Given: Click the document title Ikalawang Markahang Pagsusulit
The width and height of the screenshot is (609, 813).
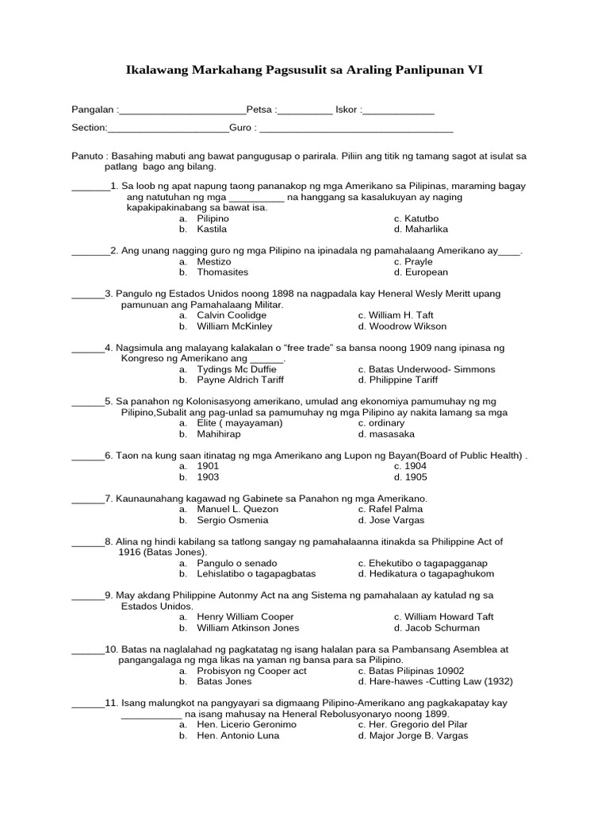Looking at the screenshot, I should (304, 71).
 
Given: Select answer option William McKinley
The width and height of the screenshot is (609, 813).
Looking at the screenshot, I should (234, 326).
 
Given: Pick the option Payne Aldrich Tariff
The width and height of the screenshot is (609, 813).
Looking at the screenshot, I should (239, 380).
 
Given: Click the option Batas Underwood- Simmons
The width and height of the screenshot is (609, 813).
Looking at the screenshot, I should (426, 369).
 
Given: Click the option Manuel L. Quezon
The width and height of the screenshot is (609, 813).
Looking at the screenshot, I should (237, 509).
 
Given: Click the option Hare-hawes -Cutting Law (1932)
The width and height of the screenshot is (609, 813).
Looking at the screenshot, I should (435, 682).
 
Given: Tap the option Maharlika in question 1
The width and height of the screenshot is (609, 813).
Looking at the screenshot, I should (426, 229).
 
